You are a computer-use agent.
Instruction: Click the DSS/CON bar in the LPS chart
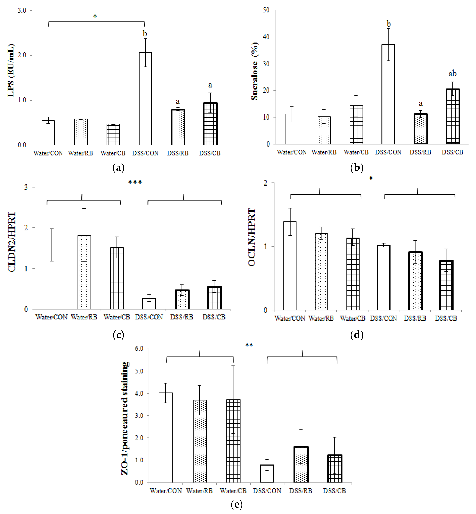point(145,99)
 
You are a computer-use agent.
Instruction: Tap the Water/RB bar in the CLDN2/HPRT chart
point(84,272)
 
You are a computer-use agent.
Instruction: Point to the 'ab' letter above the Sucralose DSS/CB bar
point(452,74)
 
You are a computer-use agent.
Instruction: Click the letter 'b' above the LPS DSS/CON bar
point(145,34)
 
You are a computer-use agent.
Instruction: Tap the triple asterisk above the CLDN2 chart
point(135,182)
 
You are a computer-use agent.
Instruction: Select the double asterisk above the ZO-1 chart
point(249,345)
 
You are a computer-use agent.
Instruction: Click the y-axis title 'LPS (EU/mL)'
point(11,70)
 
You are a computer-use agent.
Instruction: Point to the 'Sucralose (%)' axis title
point(255,71)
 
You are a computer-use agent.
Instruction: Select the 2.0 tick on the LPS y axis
point(22,55)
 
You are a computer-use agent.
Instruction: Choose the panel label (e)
point(236,504)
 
